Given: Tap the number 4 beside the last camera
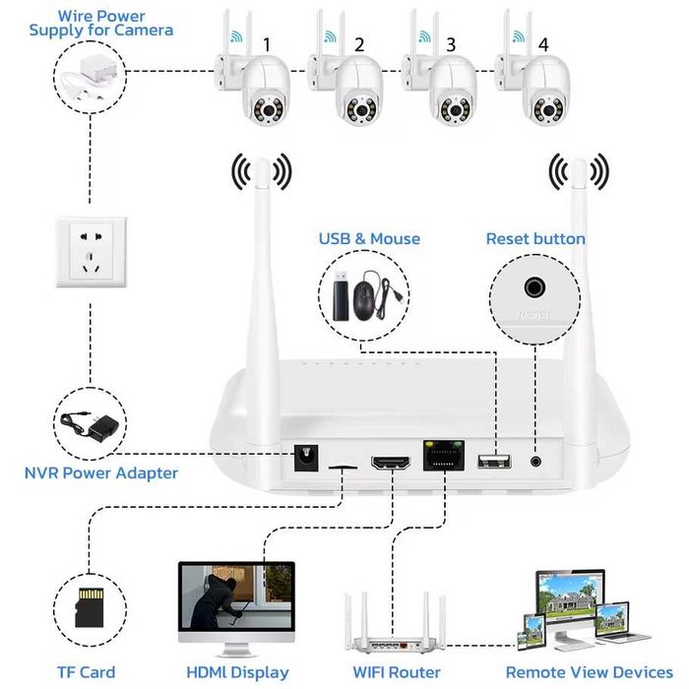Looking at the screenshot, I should point(543,44).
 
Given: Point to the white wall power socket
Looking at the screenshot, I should point(90,253).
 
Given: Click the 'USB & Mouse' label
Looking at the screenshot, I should point(369,239).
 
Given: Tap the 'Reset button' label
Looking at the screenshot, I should point(535,239).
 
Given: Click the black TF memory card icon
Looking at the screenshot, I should point(90,607).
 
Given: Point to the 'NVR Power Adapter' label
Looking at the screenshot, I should point(101,473).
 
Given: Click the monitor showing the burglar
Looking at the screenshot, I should point(236,600).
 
